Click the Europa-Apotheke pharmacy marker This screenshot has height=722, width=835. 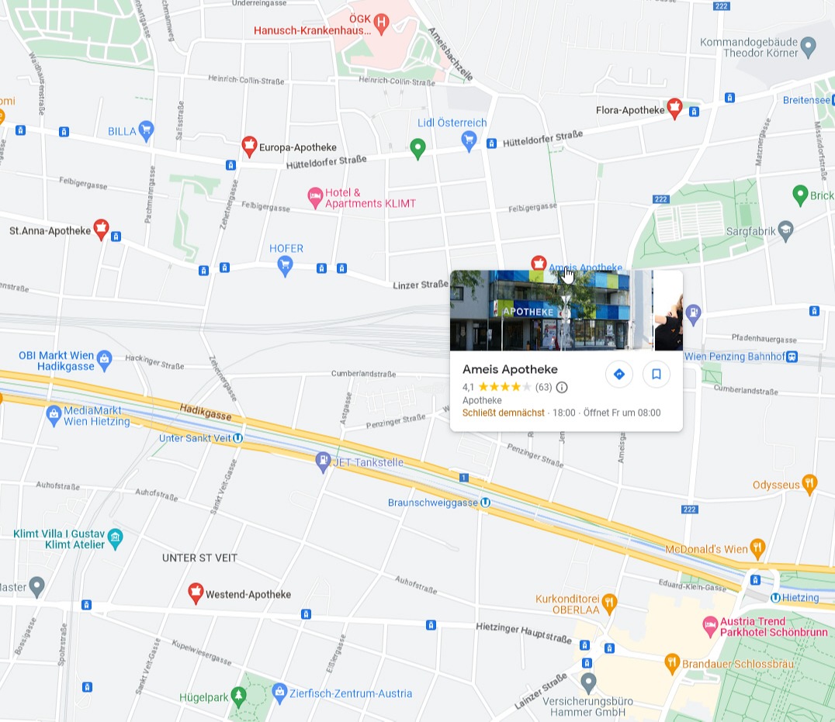point(249,145)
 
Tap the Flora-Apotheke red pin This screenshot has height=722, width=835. point(674,108)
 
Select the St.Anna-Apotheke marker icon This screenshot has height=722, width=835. point(101,228)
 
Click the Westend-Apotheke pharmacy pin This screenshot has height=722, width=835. point(196,592)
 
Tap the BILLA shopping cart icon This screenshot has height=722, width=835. point(146,130)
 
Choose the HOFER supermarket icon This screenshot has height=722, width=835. point(286,265)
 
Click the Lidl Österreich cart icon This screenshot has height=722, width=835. point(469,140)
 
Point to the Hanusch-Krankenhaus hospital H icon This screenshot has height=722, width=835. point(381,22)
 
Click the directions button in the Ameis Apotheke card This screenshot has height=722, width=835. point(618,375)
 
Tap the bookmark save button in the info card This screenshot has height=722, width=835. point(656,375)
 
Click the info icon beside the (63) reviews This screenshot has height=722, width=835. point(562,387)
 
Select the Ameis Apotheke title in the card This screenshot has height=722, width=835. point(510,369)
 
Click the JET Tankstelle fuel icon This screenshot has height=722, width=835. point(323,461)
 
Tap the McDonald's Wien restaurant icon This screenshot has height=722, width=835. point(757,548)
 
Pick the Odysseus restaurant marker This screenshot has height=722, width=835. point(809,484)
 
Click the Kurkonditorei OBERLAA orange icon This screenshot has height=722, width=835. point(610,601)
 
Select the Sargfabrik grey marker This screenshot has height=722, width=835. point(786,230)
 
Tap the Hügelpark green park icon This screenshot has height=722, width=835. point(239,696)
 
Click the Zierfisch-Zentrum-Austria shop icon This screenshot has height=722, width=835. point(280,692)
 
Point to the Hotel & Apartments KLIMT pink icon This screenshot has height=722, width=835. point(315,197)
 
